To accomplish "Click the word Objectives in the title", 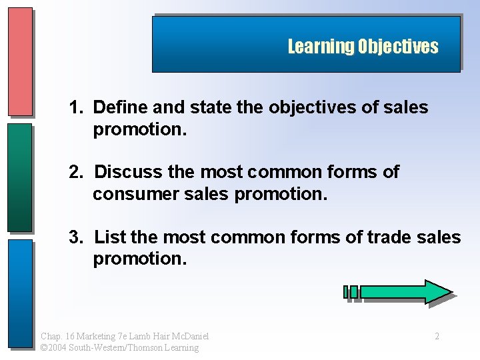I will [398, 47].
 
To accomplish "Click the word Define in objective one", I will [116, 107].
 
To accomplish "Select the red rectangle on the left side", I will [20, 61].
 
